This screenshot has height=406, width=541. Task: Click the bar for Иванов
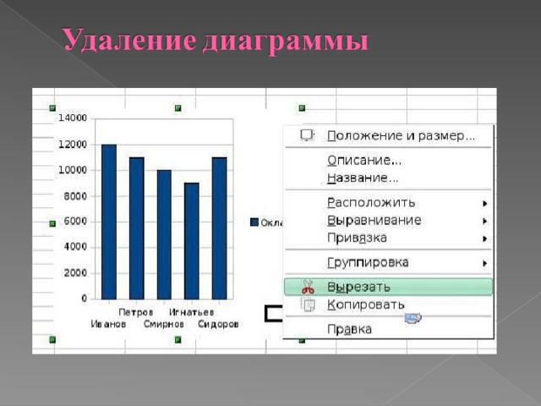click(x=109, y=222)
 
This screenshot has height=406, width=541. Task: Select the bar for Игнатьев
click(x=192, y=241)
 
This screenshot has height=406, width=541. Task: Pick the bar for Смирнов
click(x=164, y=234)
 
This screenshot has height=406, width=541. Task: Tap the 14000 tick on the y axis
click(x=73, y=118)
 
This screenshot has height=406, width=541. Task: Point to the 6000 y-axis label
click(x=75, y=222)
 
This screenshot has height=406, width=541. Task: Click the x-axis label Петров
click(x=135, y=312)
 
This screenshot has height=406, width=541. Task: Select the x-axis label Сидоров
click(x=218, y=324)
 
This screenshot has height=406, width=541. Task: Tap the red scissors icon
click(x=308, y=287)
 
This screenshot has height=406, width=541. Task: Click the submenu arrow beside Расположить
click(x=484, y=203)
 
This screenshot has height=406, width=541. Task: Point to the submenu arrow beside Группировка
click(x=484, y=263)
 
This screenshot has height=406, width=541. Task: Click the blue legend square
click(x=254, y=222)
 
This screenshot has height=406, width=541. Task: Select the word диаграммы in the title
click(x=286, y=41)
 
